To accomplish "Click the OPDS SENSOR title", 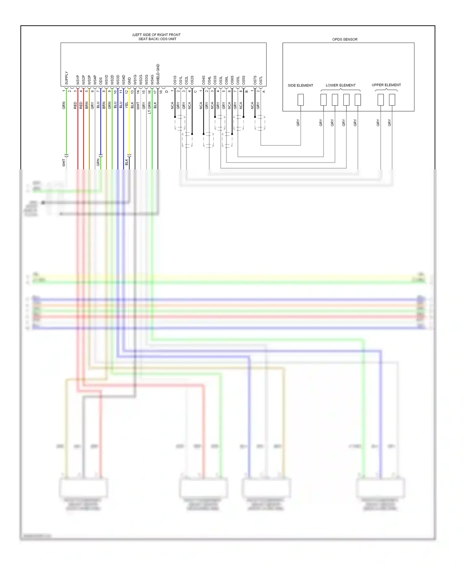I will click(x=345, y=40).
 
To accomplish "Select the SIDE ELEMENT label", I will click(x=300, y=86).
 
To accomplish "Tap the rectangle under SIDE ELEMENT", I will click(x=300, y=100).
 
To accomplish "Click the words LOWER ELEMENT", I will click(x=340, y=85).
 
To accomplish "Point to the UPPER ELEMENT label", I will click(x=386, y=85).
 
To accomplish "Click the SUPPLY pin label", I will click(x=67, y=78).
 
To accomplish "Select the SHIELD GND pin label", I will click(x=158, y=74).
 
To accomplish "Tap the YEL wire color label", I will click(x=127, y=105).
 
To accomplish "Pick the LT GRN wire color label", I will click(x=149, y=108).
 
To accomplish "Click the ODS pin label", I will click(x=101, y=81).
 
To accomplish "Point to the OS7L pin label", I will click(x=261, y=80).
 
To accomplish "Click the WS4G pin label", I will click(x=152, y=80).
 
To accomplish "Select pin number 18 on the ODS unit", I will click(x=161, y=91).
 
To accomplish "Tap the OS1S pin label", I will click(x=175, y=80).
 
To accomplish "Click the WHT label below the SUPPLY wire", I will click(x=64, y=163).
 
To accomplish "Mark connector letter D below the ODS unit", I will click(x=167, y=91).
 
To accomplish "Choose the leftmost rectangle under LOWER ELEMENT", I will click(x=323, y=100).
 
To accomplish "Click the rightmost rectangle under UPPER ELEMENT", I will click(x=392, y=100).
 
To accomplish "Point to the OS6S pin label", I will click(x=232, y=80).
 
